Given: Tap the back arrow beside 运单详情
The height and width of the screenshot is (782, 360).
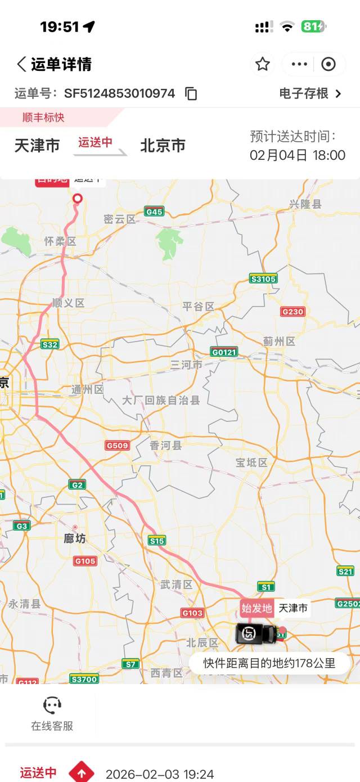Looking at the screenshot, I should tap(21, 64).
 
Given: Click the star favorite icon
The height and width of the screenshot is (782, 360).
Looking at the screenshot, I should tap(263, 64).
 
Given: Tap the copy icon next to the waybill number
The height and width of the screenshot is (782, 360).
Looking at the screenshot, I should tap(191, 93).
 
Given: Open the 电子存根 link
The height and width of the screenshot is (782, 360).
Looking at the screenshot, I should tap(310, 93).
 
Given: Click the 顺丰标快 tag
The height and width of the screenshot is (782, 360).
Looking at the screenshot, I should tap(43, 117).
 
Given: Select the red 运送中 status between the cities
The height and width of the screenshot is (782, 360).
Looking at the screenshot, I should tap(95, 143).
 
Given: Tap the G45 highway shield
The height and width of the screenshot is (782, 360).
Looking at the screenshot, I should tap(154, 212).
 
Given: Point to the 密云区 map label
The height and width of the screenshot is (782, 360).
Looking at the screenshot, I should tap(120, 219).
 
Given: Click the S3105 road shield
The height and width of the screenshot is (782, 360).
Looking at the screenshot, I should tap(263, 278).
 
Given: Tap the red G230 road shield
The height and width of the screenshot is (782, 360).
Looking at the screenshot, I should tap(292, 312).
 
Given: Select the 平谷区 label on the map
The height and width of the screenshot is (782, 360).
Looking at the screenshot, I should tap(199, 307).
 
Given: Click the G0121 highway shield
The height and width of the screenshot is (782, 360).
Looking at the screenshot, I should tap(224, 352).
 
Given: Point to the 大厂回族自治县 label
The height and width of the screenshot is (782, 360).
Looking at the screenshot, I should tap(161, 401).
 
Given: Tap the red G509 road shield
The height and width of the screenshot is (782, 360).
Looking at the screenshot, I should tap(118, 446).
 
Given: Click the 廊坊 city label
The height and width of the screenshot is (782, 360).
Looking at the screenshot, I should tap(75, 538).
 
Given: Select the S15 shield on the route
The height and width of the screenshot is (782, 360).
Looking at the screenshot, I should tap(157, 541).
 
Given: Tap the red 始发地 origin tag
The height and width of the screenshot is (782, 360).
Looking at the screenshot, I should tap(256, 608).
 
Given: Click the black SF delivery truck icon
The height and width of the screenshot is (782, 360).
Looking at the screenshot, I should tap(256, 633).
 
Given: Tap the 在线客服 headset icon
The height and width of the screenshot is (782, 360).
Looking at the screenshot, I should tap(52, 705).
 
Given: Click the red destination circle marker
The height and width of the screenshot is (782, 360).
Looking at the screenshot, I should tap(78, 198).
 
